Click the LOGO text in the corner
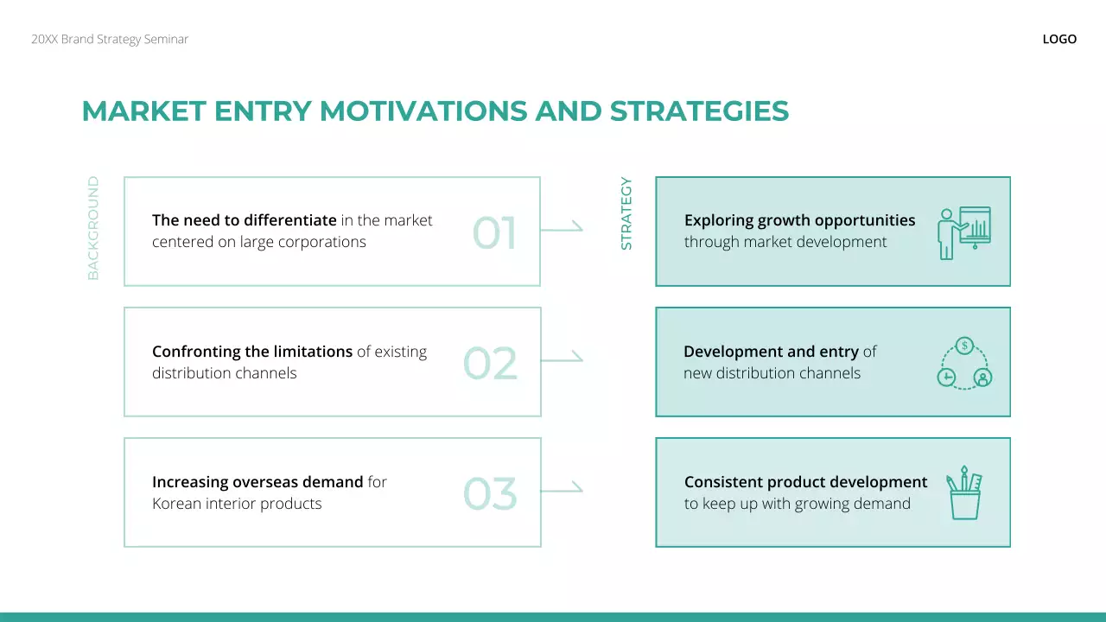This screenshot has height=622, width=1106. pyautogui.click(x=1059, y=39)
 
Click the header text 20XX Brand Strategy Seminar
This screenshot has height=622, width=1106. pyautogui.click(x=110, y=39)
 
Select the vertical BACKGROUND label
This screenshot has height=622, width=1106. pyautogui.click(x=93, y=228)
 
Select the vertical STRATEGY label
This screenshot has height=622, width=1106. pyautogui.click(x=626, y=214)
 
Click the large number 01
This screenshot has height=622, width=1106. pyautogui.click(x=494, y=233)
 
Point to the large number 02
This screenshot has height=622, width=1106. pyautogui.click(x=490, y=364)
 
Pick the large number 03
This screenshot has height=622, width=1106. pyautogui.click(x=490, y=494)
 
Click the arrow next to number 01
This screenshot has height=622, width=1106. pyautogui.click(x=562, y=228)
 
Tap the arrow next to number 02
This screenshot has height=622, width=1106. pyautogui.click(x=562, y=359)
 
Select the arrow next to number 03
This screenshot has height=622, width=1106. pyautogui.click(x=562, y=489)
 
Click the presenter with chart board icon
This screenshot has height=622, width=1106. pyautogui.click(x=964, y=232)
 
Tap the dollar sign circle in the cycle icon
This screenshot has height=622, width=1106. pyautogui.click(x=964, y=346)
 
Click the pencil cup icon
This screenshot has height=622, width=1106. pyautogui.click(x=964, y=492)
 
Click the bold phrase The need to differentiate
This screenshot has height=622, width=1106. pyautogui.click(x=245, y=220)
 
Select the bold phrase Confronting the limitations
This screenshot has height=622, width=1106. pyautogui.click(x=252, y=352)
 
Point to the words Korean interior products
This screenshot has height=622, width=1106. pyautogui.click(x=237, y=504)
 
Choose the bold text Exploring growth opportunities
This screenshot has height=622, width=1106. pyautogui.click(x=799, y=220)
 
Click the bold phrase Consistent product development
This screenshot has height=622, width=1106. pyautogui.click(x=805, y=482)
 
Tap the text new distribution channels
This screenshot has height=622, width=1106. pyautogui.click(x=772, y=373)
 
